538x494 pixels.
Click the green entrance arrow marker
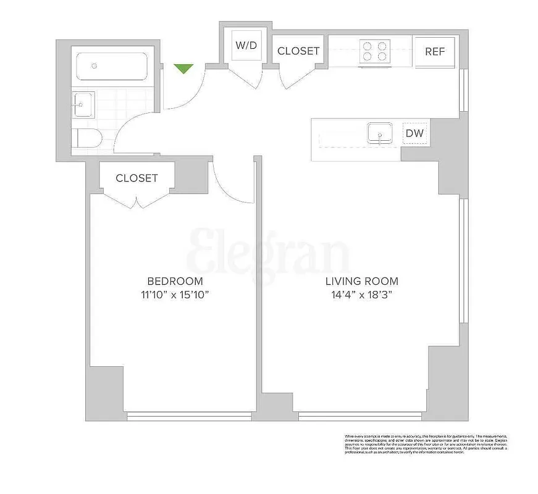point(183,69)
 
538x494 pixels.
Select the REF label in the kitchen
point(434,51)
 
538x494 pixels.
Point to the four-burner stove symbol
point(375,51)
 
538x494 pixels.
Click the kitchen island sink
point(380,133)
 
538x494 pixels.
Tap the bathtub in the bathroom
point(111,65)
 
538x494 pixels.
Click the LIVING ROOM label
point(361,281)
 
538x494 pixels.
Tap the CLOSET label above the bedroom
point(137,178)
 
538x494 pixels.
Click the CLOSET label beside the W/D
point(298,51)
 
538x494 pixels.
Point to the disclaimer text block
point(426,443)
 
